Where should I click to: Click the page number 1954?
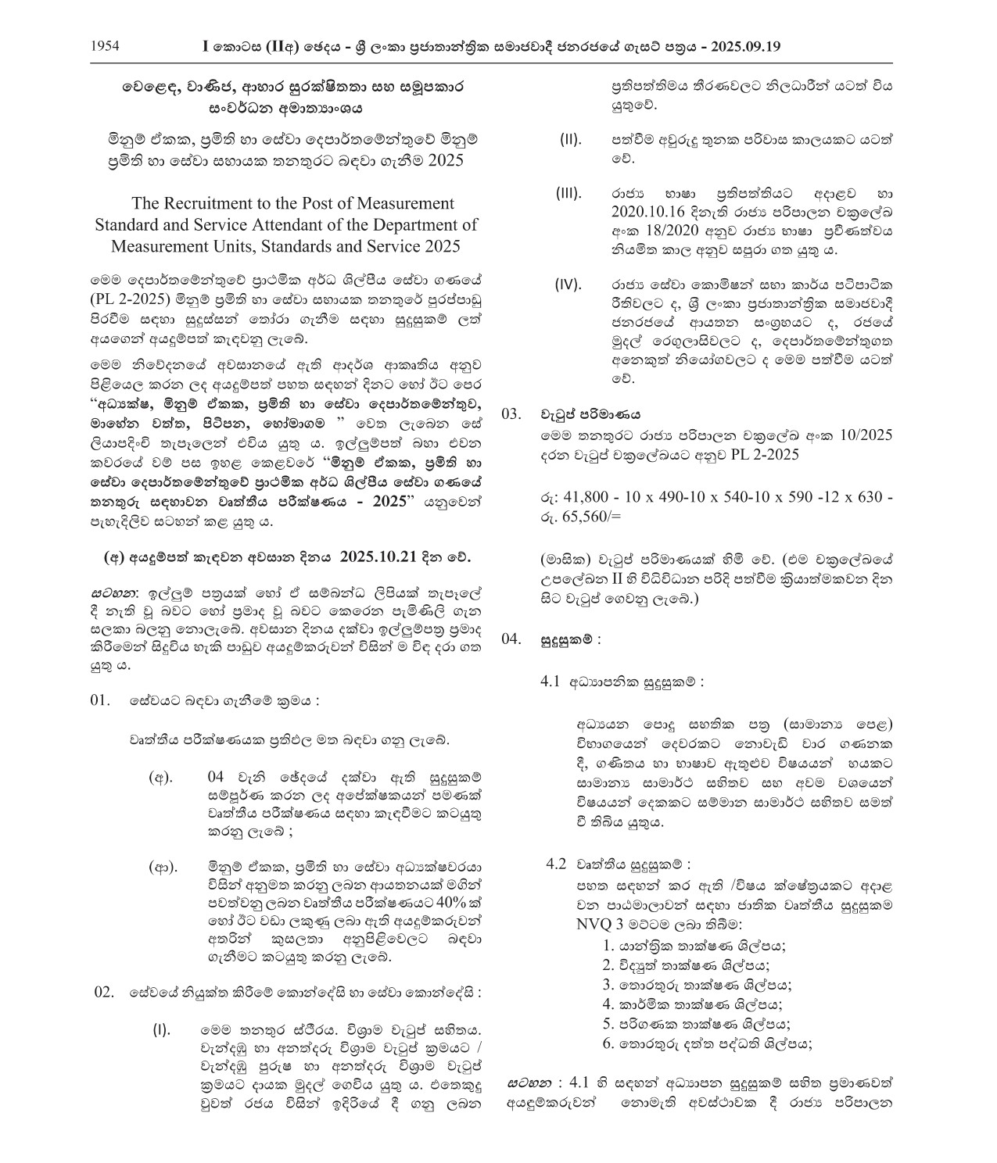[x=105, y=45]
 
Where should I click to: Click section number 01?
[x=100, y=700]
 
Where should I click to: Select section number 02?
[x=105, y=992]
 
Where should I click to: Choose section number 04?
[x=511, y=639]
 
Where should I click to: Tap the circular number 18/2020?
[x=671, y=231]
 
